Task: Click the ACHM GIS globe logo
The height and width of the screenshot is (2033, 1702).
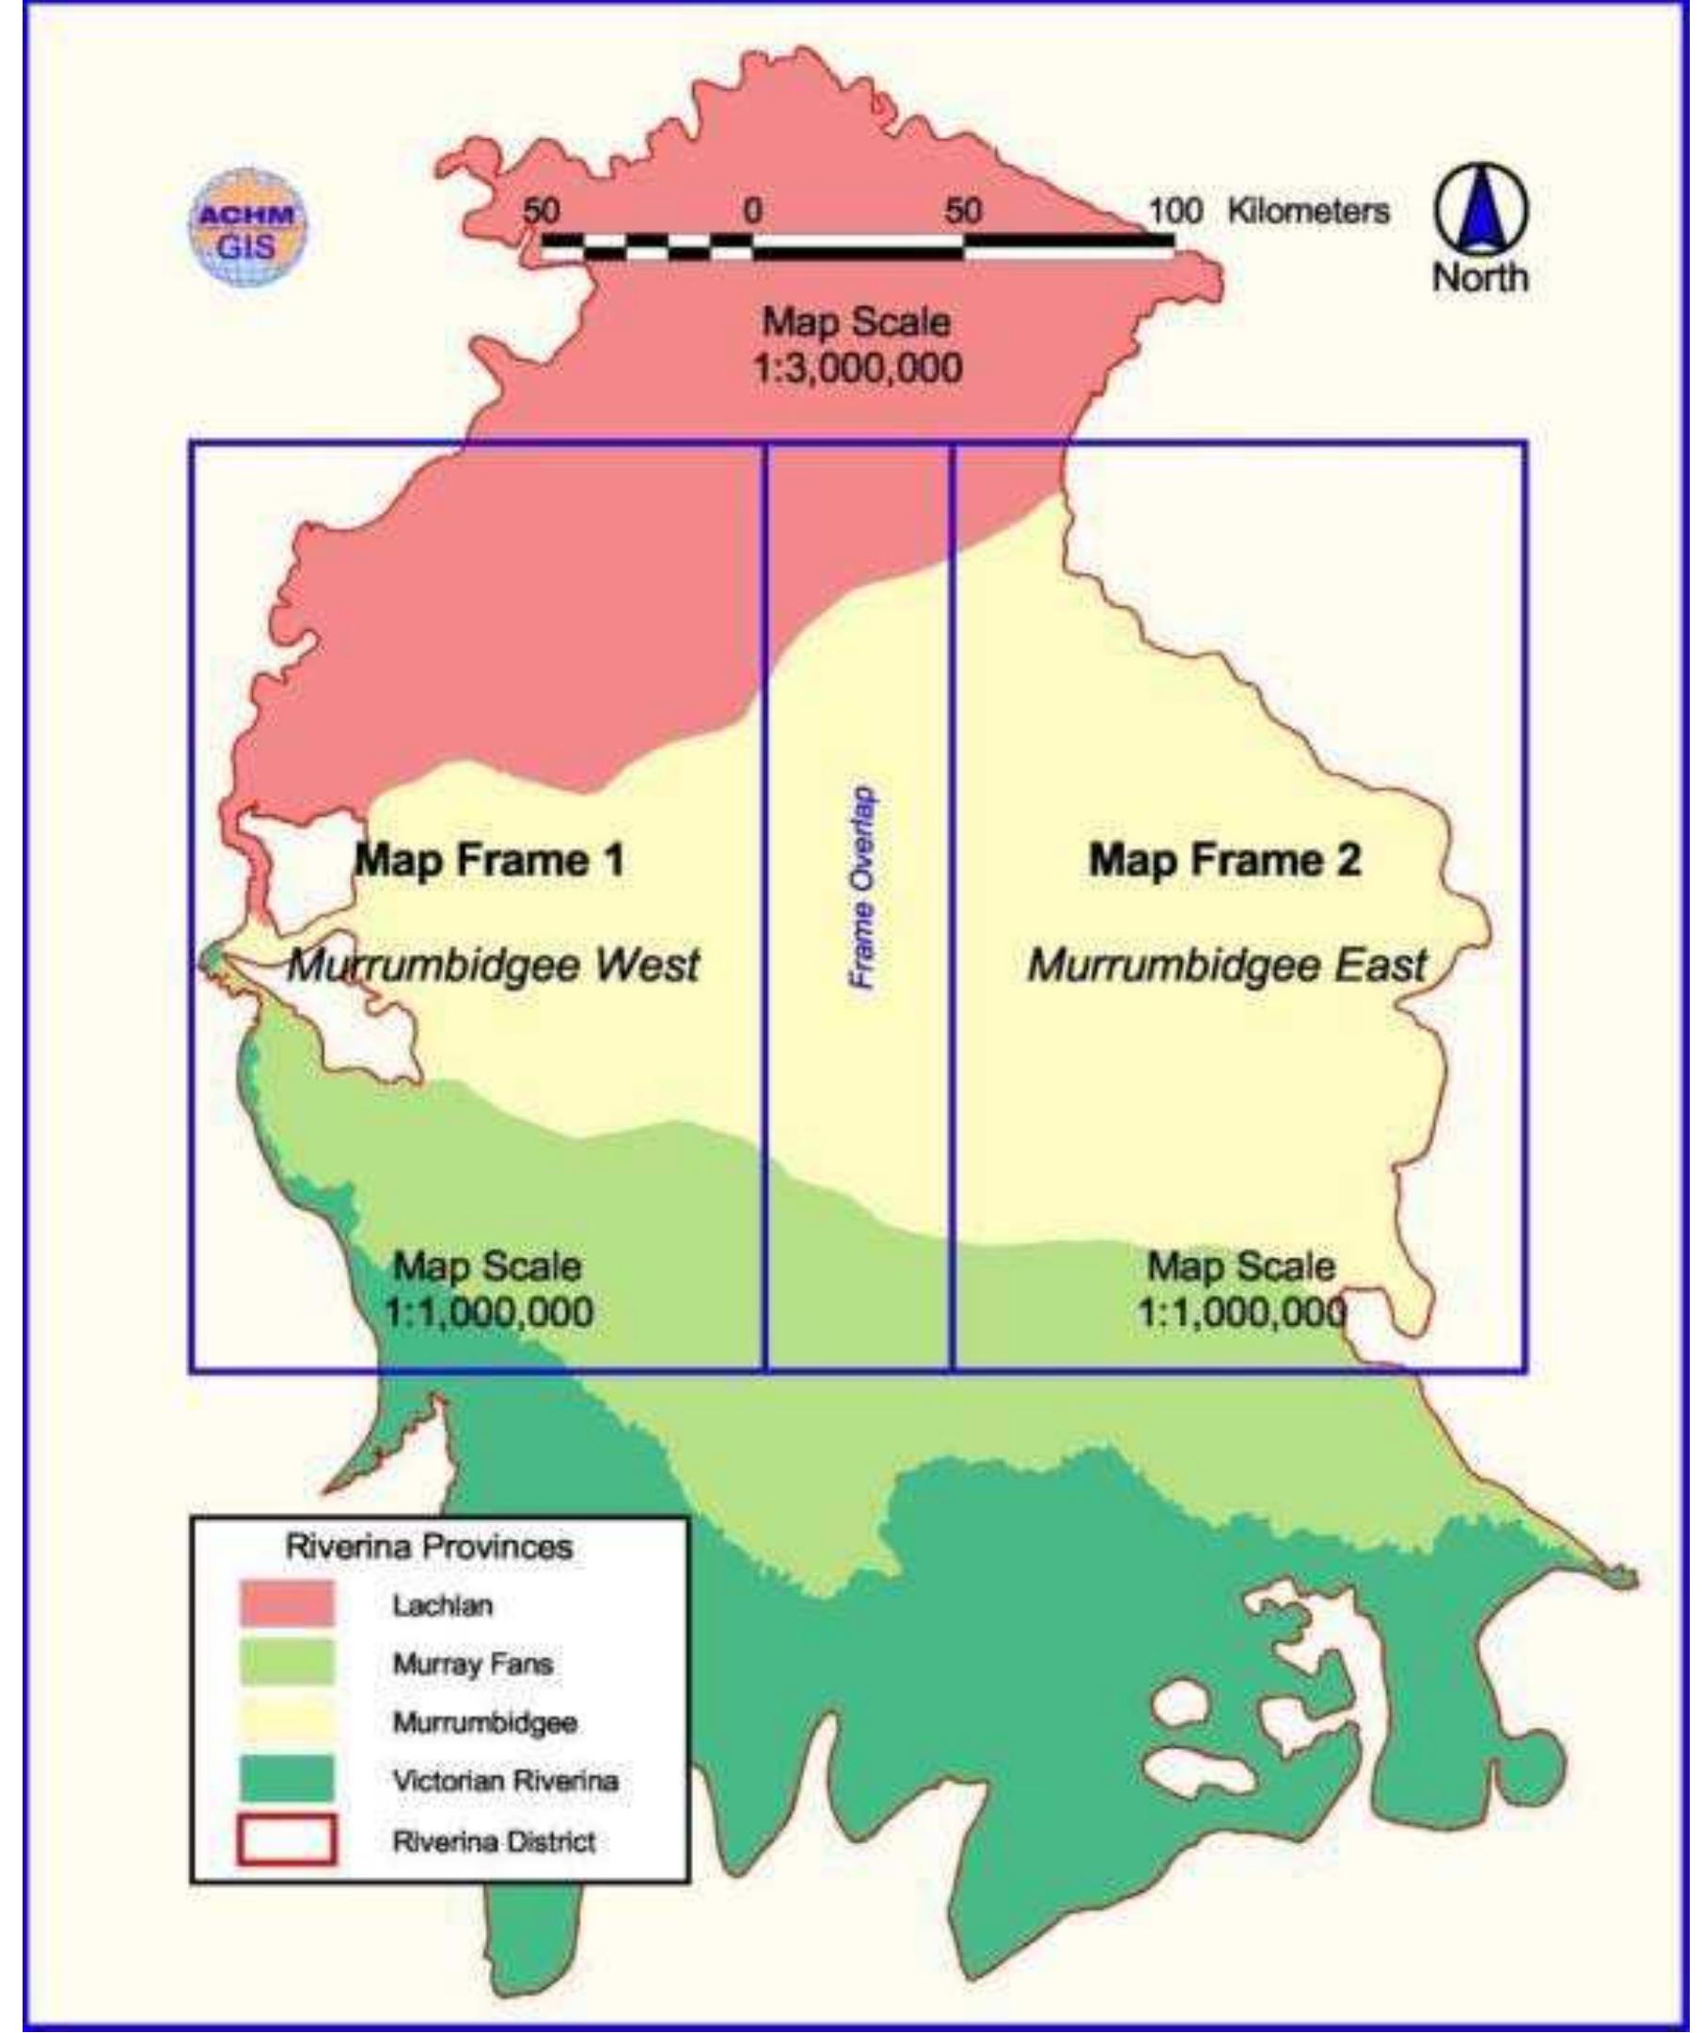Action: (x=248, y=229)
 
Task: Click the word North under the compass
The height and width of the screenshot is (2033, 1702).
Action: (x=1480, y=277)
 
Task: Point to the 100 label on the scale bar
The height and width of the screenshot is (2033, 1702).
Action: (x=1175, y=210)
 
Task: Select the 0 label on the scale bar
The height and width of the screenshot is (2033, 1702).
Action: (x=752, y=210)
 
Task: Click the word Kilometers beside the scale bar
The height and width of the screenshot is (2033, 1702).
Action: (x=1308, y=210)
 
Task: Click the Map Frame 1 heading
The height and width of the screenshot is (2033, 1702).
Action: (x=490, y=859)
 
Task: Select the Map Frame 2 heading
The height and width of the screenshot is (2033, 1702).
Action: (x=1224, y=859)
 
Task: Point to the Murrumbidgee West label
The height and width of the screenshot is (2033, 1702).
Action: (x=494, y=965)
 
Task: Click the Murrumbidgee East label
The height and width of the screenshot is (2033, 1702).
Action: (x=1226, y=965)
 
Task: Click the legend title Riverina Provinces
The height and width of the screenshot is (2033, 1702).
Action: (x=429, y=1547)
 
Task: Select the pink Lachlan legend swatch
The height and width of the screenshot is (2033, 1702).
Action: (x=287, y=1604)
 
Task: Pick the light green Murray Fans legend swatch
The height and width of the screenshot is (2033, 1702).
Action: (x=287, y=1663)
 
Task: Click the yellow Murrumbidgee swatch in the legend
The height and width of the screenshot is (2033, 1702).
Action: (x=287, y=1723)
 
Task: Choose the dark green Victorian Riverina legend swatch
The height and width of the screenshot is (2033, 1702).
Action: (x=287, y=1780)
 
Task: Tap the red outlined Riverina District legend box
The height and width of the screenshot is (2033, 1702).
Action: (x=287, y=1840)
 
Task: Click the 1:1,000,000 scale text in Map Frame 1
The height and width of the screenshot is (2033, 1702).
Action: (x=489, y=1314)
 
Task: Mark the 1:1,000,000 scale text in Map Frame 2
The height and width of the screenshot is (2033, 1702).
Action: (x=1241, y=1314)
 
